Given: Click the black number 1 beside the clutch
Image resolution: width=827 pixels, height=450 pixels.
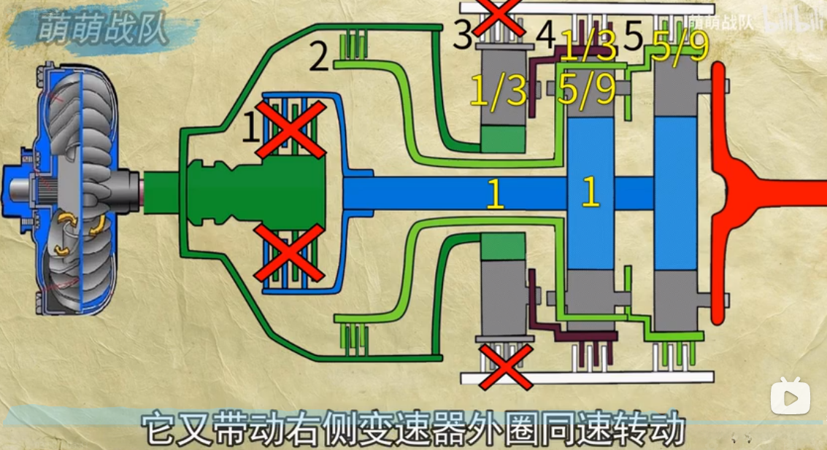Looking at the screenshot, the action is coord(250,129).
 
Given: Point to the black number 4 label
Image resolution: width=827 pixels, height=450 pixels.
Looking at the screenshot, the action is coord(546,34).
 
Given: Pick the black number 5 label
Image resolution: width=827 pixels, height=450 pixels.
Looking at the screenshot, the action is coord(632,36).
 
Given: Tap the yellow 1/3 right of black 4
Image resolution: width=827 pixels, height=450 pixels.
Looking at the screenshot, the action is coord(588,48).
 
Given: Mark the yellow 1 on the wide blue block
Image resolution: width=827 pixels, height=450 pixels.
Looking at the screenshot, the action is coord(591,193).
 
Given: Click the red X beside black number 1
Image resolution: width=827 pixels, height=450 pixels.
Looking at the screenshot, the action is coord(290,130).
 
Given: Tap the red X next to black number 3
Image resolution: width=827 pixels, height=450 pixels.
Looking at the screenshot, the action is coord(499,18).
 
